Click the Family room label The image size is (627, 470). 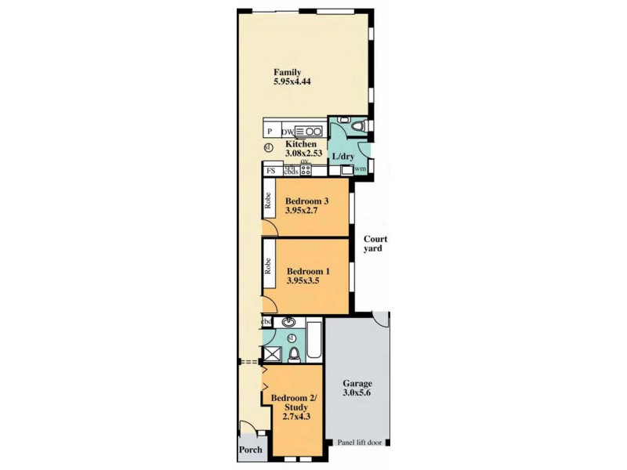tap(288, 73)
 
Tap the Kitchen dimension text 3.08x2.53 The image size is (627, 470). tap(301, 154)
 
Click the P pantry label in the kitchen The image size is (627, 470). tap(270, 132)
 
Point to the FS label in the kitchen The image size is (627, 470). tap(270, 171)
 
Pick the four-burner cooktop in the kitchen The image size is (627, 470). tap(306, 171)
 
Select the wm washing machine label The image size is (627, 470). tap(361, 169)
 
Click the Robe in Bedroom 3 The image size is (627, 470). tap(268, 205)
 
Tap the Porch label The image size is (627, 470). tap(250, 450)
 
